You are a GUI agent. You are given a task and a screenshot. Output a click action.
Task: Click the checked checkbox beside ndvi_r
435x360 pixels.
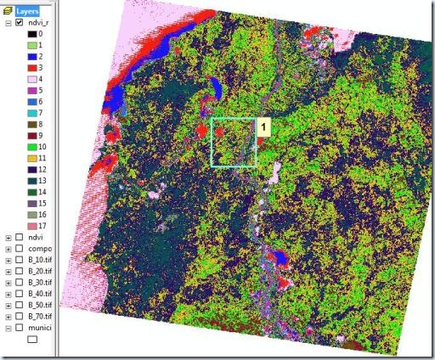(x=19, y=23)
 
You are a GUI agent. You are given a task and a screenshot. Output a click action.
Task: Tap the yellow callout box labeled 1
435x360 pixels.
(x=263, y=127)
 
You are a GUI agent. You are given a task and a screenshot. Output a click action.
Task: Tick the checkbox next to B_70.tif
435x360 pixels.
(x=19, y=316)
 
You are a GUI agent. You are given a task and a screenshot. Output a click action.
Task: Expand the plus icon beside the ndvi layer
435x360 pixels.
(x=8, y=238)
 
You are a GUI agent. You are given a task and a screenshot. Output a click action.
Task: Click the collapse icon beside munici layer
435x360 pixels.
(x=8, y=327)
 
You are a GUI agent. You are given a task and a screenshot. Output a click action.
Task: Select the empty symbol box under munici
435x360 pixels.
(x=34, y=339)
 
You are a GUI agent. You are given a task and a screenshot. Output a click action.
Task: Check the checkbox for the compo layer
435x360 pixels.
(x=19, y=249)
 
